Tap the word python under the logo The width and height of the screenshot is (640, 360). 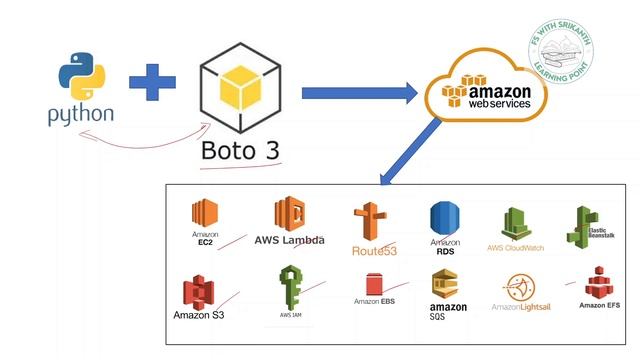[79, 116]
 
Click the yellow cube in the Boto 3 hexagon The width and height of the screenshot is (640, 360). [240, 90]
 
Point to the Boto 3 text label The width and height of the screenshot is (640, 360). [240, 152]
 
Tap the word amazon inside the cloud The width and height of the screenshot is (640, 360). [489, 91]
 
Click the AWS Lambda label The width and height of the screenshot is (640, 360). [289, 240]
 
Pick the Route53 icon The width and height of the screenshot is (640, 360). [371, 220]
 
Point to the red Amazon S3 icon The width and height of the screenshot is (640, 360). [198, 292]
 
